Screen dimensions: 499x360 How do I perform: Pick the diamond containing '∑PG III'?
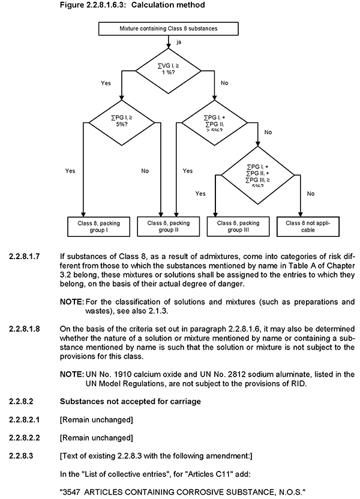pyautogui.click(x=257, y=174)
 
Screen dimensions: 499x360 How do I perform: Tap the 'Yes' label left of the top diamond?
pyautogui.click(x=106, y=83)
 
